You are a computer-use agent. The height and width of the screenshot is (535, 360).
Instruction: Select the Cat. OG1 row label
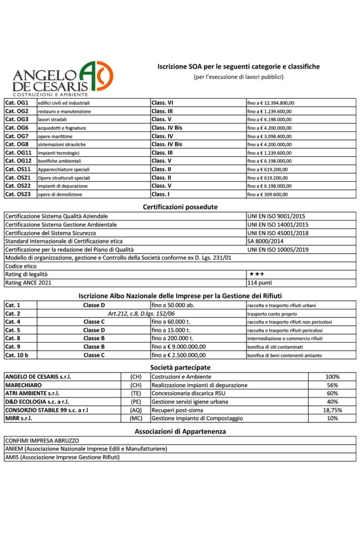pos(17,103)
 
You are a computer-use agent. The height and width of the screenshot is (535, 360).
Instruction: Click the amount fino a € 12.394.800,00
pos(271,103)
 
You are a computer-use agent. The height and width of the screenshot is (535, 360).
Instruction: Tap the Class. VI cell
pos(162,103)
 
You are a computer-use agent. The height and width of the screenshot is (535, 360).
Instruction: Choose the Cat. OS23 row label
pos(18,194)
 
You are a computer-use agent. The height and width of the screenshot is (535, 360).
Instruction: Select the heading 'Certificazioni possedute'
pos(180,207)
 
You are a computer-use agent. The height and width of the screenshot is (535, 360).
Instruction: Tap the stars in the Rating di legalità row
pos(257,274)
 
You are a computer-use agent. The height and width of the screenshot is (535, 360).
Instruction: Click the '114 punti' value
pos(259,283)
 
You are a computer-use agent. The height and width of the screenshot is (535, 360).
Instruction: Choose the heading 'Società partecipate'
pos(180,367)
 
